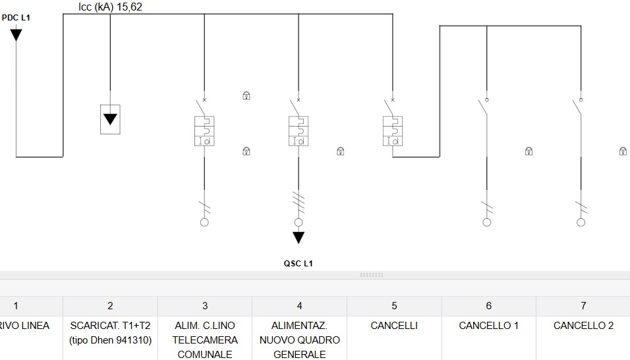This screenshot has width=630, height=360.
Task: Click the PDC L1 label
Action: tap(16, 18)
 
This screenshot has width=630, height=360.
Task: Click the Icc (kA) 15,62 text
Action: tap(110, 7)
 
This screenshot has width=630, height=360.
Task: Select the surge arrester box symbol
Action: tap(110, 119)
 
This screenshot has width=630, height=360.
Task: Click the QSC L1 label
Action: tap(298, 264)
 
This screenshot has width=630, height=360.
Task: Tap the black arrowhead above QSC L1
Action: tap(298, 237)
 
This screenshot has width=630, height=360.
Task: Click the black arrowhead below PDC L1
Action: tap(16, 35)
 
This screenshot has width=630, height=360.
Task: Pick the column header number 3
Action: tap(205, 306)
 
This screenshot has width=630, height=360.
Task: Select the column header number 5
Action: tap(394, 306)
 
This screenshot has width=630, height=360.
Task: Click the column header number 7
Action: tap(583, 306)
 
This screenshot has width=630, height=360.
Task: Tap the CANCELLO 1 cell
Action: tap(488, 326)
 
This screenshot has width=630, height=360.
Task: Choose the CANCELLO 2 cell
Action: tap(583, 326)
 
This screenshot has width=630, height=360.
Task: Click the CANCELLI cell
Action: tap(394, 326)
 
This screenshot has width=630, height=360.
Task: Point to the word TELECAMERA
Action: tap(205, 340)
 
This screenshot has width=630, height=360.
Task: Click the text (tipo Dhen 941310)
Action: tap(111, 340)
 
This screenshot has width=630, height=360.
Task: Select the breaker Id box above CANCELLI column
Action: tap(393, 131)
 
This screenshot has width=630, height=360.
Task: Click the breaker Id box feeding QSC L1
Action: tap(299, 131)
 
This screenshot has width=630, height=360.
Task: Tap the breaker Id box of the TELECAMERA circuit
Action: tap(204, 131)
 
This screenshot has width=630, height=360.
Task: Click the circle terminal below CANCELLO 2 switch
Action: tap(581, 222)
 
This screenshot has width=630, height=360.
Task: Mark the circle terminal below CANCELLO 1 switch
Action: tap(486, 222)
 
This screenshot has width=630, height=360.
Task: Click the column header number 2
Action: tap(110, 306)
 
